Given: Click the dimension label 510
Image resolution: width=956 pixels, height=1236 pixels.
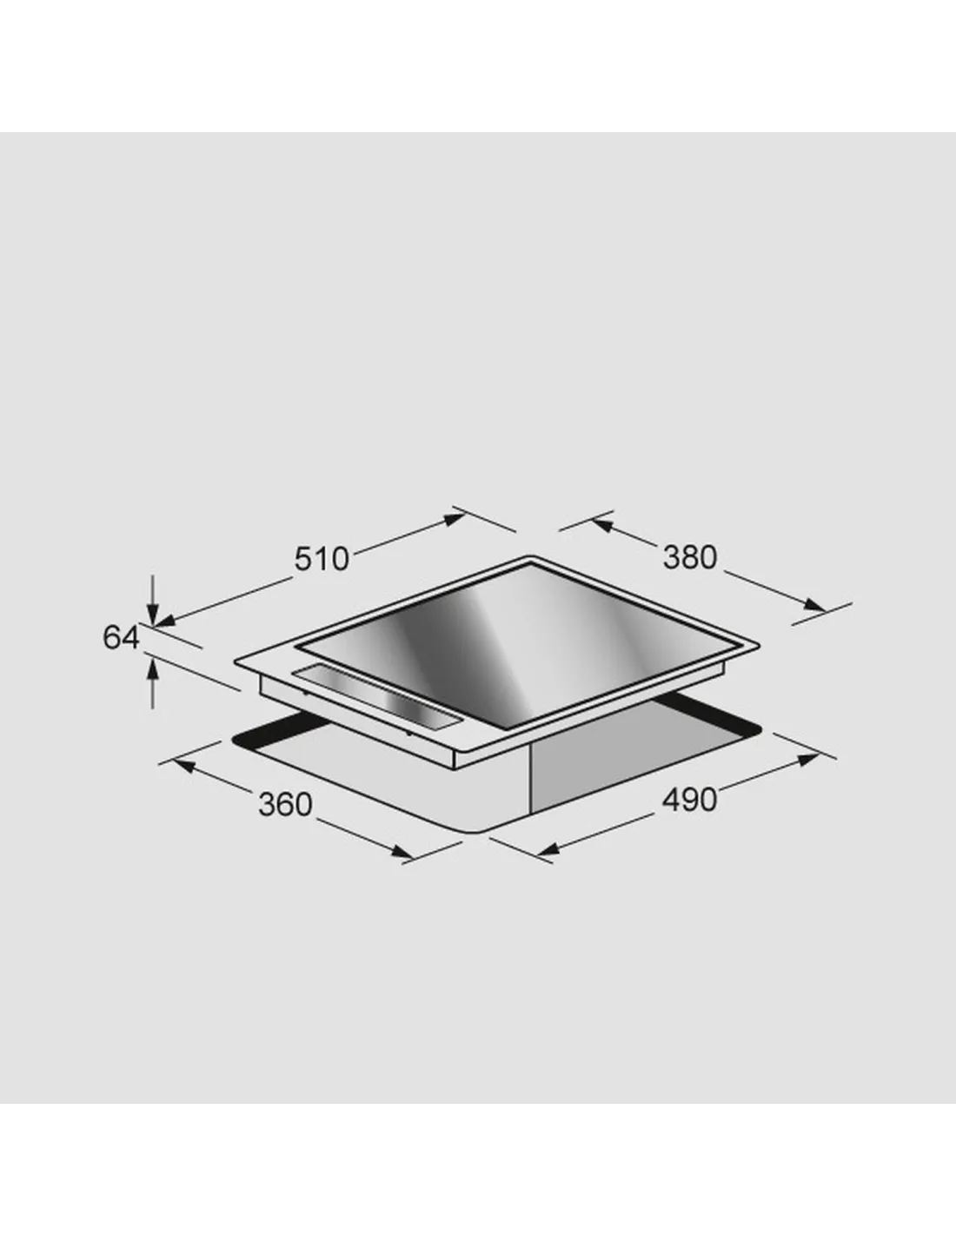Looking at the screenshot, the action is pos(322,559).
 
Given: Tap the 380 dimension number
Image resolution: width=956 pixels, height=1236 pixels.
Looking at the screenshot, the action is pos(690,557).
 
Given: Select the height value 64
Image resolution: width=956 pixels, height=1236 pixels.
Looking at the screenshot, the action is pos(121,637).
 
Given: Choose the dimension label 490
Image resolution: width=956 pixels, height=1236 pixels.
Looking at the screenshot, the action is pos(689,801).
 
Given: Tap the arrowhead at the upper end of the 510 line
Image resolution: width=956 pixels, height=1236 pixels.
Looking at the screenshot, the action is pos(455,519).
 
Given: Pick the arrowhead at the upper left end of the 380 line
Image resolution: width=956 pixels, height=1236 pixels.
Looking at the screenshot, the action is pos(603,525).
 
